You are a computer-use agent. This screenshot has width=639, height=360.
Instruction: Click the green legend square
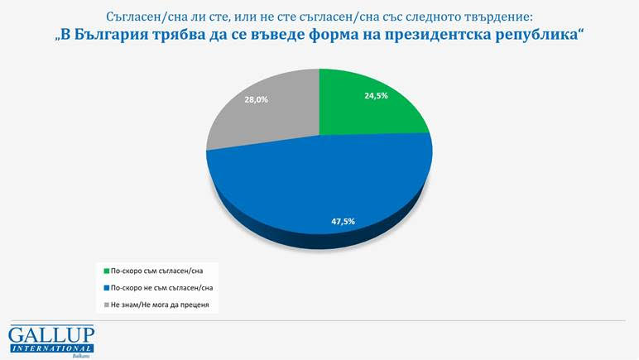[x=105, y=271]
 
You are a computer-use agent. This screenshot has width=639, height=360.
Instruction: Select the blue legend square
[x=105, y=288]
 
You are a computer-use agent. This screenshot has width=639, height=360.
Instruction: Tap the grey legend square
[x=105, y=305]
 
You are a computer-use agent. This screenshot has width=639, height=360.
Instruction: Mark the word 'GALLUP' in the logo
[x=51, y=334]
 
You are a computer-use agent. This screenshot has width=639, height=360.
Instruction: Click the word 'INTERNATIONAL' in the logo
[x=51, y=348]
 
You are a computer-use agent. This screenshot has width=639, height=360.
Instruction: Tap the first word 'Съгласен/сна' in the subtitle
[x=146, y=17]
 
